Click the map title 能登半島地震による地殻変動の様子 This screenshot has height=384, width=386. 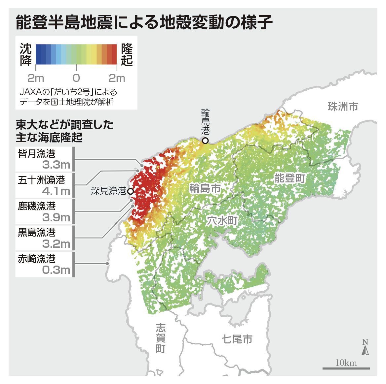point(144,23)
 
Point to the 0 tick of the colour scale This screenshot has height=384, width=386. point(76,78)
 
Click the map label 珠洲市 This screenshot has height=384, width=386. point(343,107)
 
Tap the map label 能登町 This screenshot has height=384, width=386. point(289,178)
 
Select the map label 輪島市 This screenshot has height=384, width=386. point(205,188)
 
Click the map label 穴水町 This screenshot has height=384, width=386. point(222,220)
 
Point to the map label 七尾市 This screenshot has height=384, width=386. point(237,339)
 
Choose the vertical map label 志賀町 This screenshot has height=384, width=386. point(160,338)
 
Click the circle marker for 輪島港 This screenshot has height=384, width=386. point(205,141)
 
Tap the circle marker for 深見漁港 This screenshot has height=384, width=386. point(131,191)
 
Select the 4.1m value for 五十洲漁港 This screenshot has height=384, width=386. point(56,191)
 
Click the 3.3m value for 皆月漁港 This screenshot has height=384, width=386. point(56,165)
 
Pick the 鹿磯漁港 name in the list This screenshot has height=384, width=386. point(37,206)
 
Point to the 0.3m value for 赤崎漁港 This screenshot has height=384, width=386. point(56,270)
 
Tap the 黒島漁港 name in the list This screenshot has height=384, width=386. point(37,233)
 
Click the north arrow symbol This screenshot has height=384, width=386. point(365,348)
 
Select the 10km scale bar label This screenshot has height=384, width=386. point(346,363)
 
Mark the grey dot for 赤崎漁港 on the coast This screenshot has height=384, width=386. point(107,263)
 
